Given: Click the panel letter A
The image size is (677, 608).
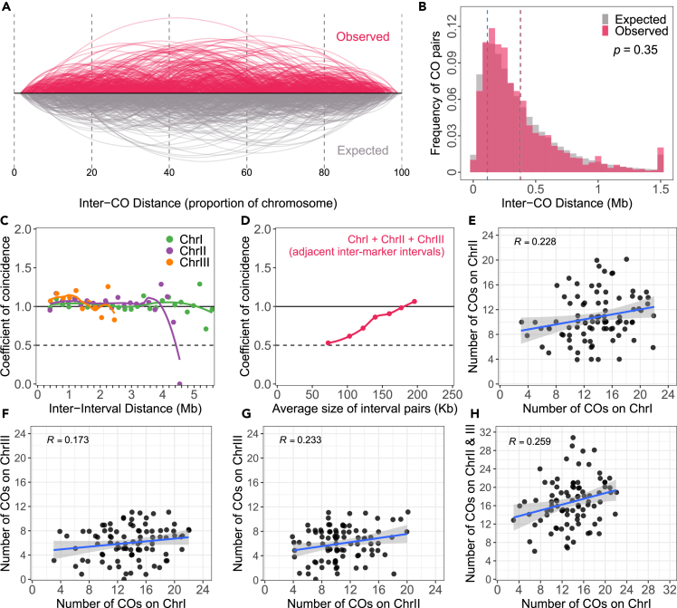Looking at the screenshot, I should pos(8,7).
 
